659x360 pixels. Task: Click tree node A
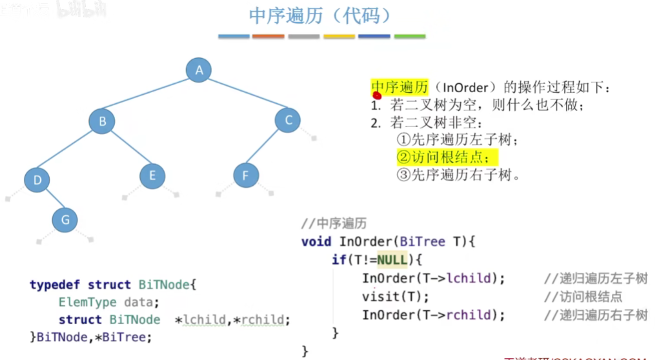click(x=199, y=70)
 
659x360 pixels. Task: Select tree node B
click(x=102, y=121)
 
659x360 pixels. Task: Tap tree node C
click(x=288, y=120)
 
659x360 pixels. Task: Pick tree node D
click(x=37, y=180)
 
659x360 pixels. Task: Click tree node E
click(x=152, y=175)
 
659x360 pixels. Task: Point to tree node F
click(x=245, y=175)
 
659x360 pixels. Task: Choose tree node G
click(x=65, y=220)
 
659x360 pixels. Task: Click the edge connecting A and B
click(x=150, y=95)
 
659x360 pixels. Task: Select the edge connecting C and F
click(x=267, y=148)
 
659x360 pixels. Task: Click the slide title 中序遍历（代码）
click(x=319, y=16)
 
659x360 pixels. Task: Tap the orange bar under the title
click(x=268, y=36)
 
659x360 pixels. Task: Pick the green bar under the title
click(x=410, y=36)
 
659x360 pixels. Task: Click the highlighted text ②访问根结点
click(x=447, y=157)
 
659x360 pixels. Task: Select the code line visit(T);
click(x=395, y=297)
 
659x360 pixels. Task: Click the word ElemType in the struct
click(x=88, y=302)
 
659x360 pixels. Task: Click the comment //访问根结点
click(x=583, y=297)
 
